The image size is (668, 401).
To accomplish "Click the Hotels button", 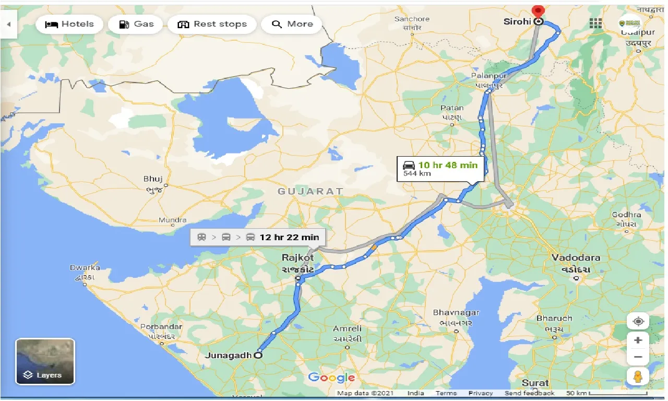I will click(x=69, y=24).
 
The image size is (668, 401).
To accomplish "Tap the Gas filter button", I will click(x=136, y=24).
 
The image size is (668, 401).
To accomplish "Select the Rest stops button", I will click(x=211, y=24).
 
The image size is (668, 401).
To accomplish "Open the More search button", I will click(x=292, y=24).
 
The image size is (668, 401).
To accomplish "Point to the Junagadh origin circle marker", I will click(x=258, y=355).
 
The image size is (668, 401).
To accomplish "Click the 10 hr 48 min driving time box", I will click(x=440, y=169).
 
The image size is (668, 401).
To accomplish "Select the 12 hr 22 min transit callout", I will click(x=258, y=237).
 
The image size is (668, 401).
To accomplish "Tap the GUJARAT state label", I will click(x=310, y=192).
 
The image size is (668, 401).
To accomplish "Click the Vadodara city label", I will click(x=576, y=258).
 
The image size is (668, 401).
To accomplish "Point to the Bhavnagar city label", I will click(x=456, y=313).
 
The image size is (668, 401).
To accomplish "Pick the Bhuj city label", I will click(x=153, y=179).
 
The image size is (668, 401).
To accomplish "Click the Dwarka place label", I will click(x=85, y=268).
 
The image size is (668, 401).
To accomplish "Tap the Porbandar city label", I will click(x=161, y=327).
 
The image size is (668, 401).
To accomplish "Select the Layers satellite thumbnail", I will click(x=45, y=361).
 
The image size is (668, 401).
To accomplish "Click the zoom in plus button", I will click(x=638, y=340).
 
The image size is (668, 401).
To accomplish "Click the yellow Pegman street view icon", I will click(x=638, y=376).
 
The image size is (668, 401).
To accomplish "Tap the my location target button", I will click(x=638, y=321).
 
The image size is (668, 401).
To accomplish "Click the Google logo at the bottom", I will click(x=331, y=378).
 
